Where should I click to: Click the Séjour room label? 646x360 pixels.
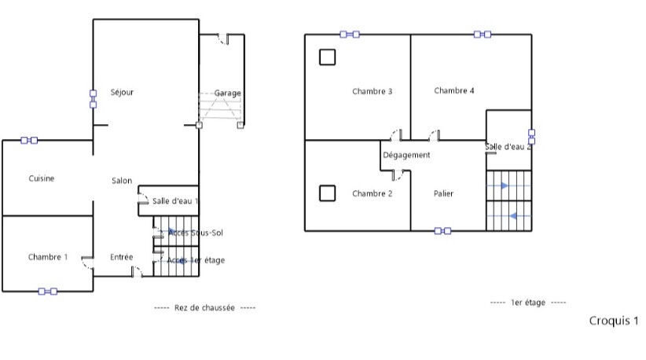pyautogui.click(x=122, y=92)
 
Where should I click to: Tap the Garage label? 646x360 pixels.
pyautogui.click(x=227, y=93)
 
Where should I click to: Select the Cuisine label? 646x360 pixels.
pyautogui.click(x=42, y=178)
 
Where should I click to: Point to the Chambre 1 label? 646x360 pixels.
pyautogui.click(x=48, y=257)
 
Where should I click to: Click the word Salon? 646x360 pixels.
pyautogui.click(x=122, y=181)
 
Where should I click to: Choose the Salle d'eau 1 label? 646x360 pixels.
pyautogui.click(x=175, y=201)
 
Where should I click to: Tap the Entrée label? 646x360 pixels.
pyautogui.click(x=122, y=257)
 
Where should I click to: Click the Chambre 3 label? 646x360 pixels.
pyautogui.click(x=372, y=91)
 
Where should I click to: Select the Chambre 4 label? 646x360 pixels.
pyautogui.click(x=454, y=90)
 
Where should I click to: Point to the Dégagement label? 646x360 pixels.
pyautogui.click(x=406, y=155)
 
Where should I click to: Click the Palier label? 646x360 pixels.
pyautogui.click(x=444, y=193)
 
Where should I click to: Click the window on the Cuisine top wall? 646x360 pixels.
pyautogui.click(x=29, y=141)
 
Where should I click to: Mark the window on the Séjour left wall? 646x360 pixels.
pyautogui.click(x=93, y=99)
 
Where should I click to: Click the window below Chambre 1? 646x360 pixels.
pyautogui.click(x=48, y=291)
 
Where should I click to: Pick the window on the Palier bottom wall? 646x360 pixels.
pyautogui.click(x=443, y=231)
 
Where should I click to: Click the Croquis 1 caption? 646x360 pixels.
pyautogui.click(x=614, y=321)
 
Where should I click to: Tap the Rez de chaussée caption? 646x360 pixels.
pyautogui.click(x=204, y=307)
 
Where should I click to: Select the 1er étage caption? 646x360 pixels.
pyautogui.click(x=528, y=303)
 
